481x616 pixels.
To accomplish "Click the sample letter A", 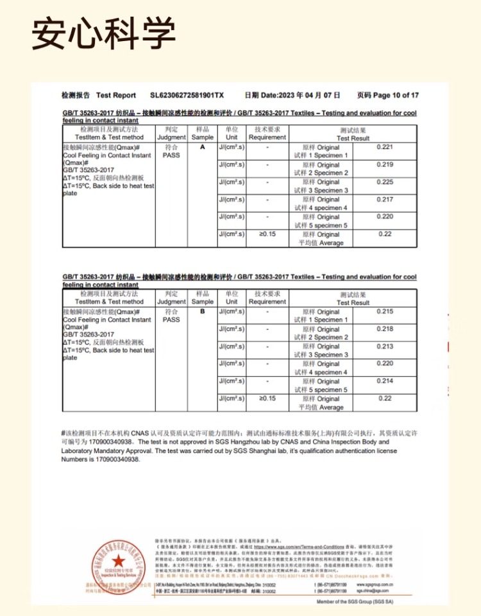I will click(x=203, y=147).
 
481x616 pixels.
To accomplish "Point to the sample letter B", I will click(x=203, y=311).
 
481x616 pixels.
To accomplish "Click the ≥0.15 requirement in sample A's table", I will click(x=267, y=234).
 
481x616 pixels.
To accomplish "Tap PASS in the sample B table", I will click(x=171, y=320).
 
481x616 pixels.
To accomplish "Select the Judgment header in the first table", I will click(x=171, y=137).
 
